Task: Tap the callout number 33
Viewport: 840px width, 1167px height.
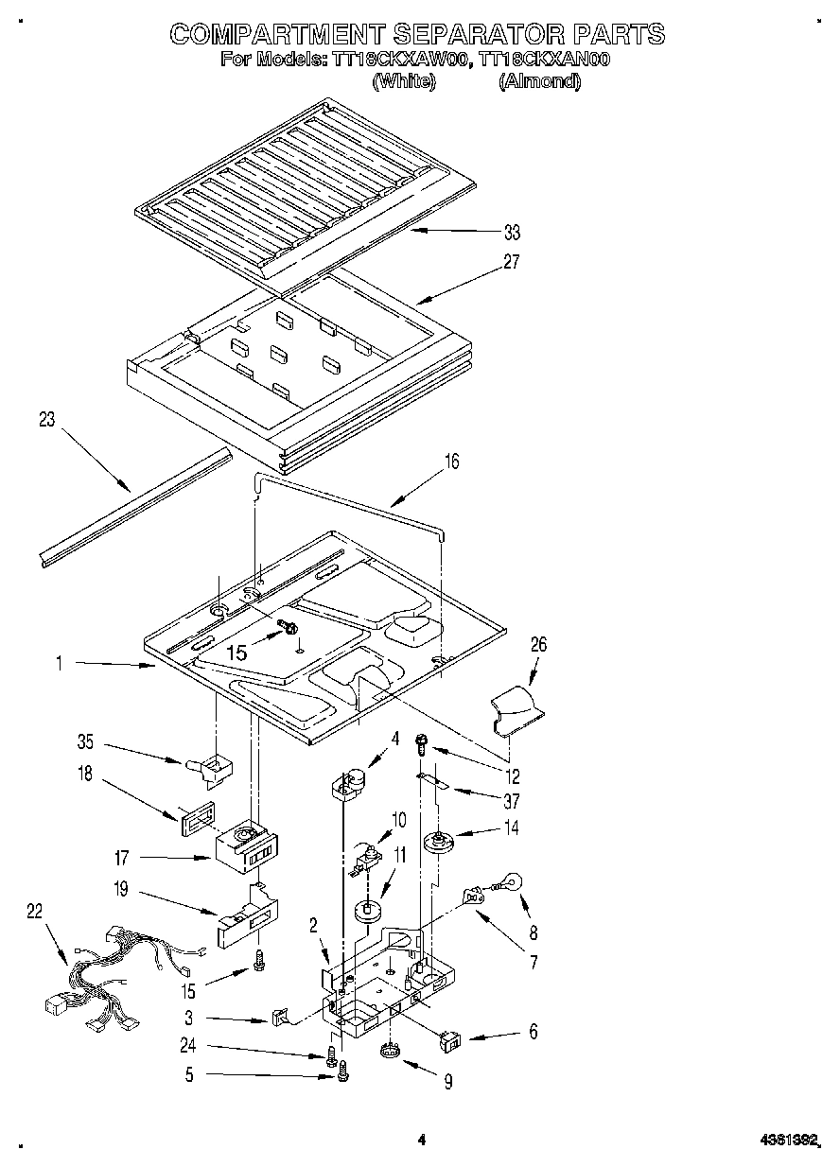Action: coord(513,233)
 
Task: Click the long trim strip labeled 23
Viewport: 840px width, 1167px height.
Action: coord(132,507)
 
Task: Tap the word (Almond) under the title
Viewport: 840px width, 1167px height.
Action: coord(539,81)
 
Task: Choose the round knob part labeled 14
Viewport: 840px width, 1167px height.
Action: coord(438,840)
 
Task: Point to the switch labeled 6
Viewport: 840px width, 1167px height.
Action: coord(452,1041)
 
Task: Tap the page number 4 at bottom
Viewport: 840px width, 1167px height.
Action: coord(421,1141)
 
